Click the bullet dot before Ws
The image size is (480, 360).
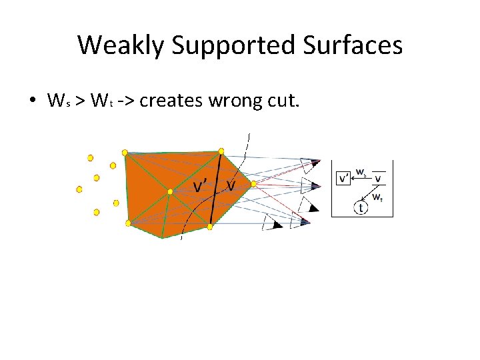(x=32, y=102)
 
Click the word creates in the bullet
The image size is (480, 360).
(x=172, y=101)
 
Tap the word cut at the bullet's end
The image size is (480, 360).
(x=287, y=101)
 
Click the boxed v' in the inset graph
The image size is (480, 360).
(x=344, y=178)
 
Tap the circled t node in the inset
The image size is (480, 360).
(x=361, y=208)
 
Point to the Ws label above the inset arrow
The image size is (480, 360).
(x=361, y=172)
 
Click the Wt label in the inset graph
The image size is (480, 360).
(x=377, y=197)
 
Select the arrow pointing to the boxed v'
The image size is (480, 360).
(x=361, y=178)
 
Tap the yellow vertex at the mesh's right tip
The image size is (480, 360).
(x=254, y=184)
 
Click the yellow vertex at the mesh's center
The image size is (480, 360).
(x=171, y=192)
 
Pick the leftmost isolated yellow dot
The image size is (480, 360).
(x=79, y=189)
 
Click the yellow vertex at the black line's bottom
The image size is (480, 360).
(x=210, y=227)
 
